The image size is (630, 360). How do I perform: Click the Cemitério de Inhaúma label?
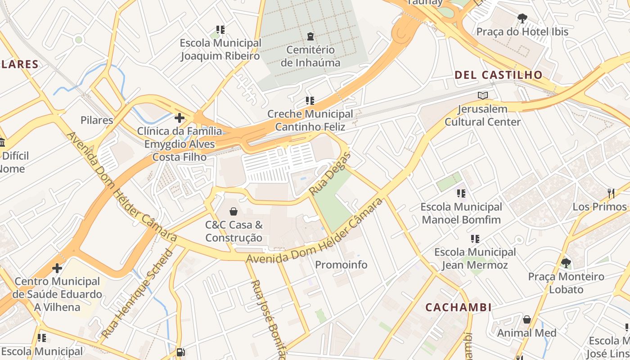coord(310,56)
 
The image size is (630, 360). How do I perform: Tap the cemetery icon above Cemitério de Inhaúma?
coord(310,36)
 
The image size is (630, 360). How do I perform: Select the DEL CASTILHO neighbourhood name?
coord(499,75)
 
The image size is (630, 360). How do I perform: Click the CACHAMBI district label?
coord(458,307)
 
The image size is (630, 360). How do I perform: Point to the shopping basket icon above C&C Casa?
coord(234,211)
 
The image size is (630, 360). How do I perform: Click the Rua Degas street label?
coord(330,174)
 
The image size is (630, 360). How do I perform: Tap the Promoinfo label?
coord(341,265)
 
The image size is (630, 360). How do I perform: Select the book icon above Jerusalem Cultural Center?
coord(482,95)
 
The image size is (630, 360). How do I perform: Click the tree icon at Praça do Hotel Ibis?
coord(522,18)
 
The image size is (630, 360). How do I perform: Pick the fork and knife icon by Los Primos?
coord(611,193)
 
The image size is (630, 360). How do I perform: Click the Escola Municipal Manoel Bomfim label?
coord(461,213)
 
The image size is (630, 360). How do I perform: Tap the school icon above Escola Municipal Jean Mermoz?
coord(475,238)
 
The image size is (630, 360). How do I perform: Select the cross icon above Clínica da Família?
coord(179,118)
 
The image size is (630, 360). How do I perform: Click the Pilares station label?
coord(97,120)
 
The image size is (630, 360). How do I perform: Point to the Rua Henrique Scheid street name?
coord(138,292)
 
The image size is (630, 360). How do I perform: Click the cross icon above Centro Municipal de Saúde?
coord(57,268)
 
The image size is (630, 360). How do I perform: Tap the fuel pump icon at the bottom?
coord(180,352)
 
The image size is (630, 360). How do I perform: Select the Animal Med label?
coord(526,333)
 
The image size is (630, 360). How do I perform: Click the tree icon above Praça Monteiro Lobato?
coord(566,263)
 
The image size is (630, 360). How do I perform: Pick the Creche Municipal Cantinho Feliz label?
coord(310,120)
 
